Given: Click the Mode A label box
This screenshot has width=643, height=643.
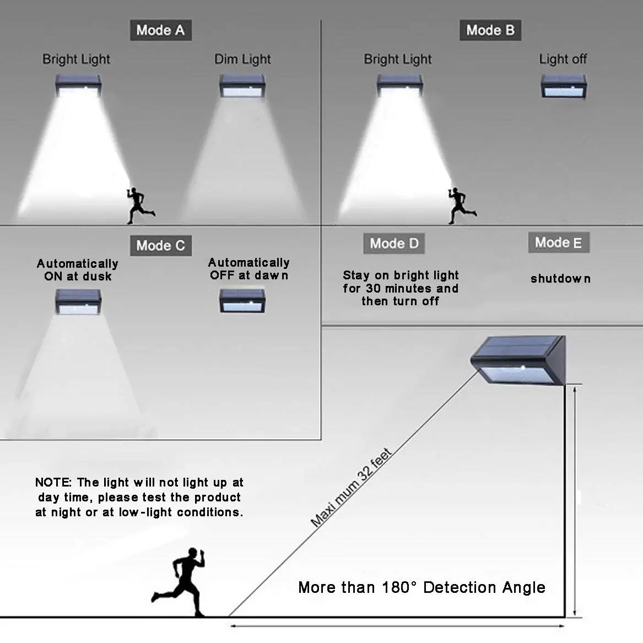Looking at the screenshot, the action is [x=161, y=30].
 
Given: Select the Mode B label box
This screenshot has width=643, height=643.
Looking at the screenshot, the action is [x=490, y=30].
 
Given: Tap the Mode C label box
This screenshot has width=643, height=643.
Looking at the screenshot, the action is [x=161, y=245].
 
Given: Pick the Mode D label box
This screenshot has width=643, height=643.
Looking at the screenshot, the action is [x=394, y=243].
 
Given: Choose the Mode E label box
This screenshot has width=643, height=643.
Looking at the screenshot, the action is [x=559, y=242].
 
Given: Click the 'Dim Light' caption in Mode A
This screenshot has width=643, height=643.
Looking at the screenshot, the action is [x=242, y=60].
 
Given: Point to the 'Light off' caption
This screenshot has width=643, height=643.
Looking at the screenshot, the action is [x=563, y=59].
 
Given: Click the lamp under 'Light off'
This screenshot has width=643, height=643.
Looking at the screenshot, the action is [x=564, y=86].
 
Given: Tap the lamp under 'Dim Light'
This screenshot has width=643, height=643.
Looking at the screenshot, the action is [x=242, y=86].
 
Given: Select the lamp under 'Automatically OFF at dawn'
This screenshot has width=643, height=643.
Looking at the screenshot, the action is [x=242, y=301].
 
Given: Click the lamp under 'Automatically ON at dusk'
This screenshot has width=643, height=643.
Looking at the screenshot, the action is [x=78, y=302].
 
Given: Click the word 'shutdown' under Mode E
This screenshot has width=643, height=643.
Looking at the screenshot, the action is [x=560, y=279].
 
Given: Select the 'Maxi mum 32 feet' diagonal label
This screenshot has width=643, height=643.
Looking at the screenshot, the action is [x=351, y=488].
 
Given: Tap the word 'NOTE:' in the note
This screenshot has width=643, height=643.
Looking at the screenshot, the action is [x=53, y=482].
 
